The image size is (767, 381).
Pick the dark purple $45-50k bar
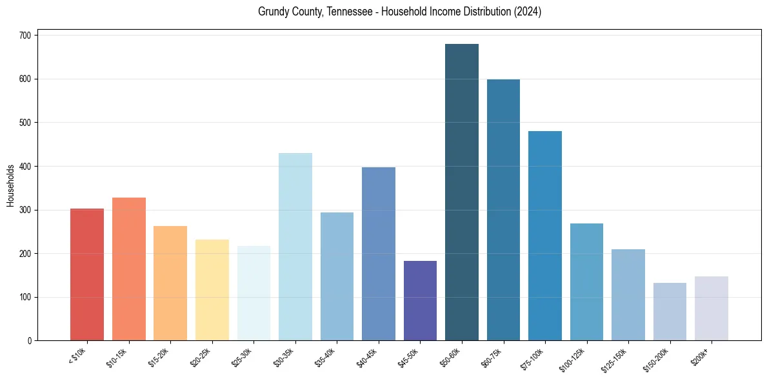click(420, 300)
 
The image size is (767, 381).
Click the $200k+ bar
click(711, 309)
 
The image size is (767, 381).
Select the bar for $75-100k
click(545, 236)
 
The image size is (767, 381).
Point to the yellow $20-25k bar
click(212, 290)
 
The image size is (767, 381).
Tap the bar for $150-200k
click(670, 312)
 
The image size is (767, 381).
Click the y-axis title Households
click(10, 185)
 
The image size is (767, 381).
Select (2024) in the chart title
click(526, 12)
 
